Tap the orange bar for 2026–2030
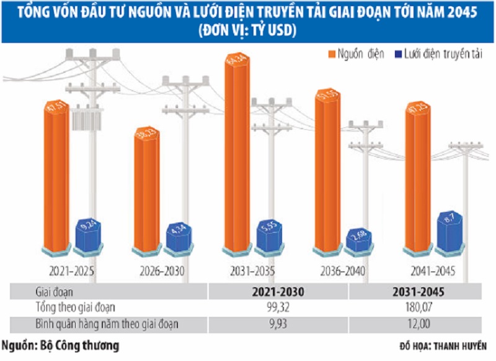tap(147, 190)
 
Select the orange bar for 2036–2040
tap(329, 168)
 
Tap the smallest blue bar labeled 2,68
tap(360, 241)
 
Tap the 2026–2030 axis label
tap(162, 272)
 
